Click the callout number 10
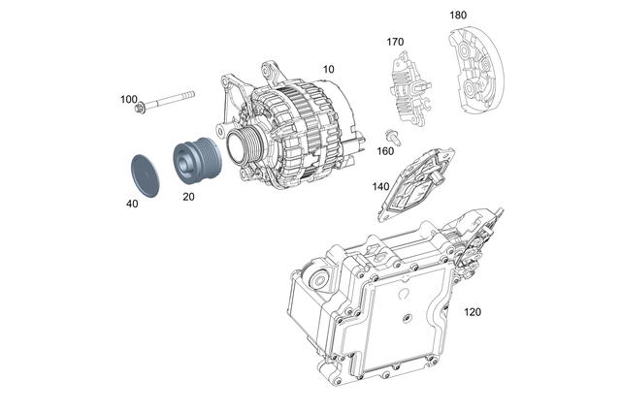(329, 71)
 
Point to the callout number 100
(128, 99)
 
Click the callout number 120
(473, 313)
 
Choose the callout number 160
(386, 150)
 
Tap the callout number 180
(458, 16)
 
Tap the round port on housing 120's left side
(317, 281)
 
